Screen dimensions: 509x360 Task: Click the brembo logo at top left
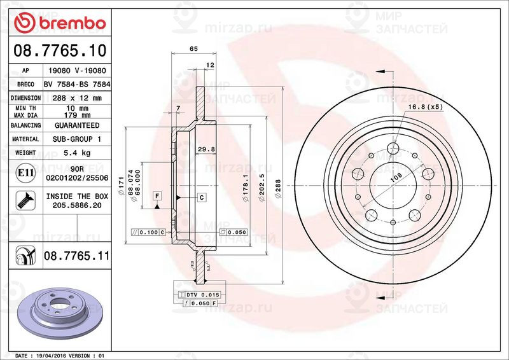[60, 22]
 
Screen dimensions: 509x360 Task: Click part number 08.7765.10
[60, 51]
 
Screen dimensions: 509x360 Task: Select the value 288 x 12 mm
[77, 98]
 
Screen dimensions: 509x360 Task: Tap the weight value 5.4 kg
[77, 153]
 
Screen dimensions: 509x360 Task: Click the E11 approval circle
[25, 173]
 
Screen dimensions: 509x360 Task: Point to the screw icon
[25, 200]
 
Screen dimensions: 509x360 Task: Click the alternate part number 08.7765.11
[76, 256]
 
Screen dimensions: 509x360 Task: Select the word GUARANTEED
[77, 125]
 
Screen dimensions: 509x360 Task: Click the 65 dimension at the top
[193, 49]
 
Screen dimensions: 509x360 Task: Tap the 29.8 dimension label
[206, 149]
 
